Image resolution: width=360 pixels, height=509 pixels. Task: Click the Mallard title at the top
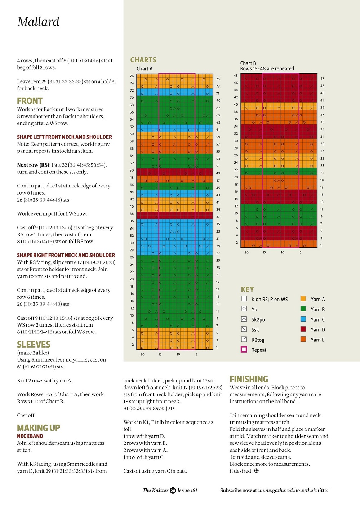click(38, 22)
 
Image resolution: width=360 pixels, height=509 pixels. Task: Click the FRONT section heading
click(30, 101)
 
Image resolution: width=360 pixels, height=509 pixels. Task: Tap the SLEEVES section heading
click(34, 345)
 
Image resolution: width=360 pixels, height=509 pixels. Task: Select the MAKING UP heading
click(39, 428)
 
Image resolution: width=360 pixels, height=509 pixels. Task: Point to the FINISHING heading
click(249, 379)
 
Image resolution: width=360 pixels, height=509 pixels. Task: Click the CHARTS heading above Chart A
click(143, 60)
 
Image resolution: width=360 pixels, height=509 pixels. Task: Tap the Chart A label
click(145, 68)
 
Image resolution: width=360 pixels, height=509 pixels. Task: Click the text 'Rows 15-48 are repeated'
click(267, 68)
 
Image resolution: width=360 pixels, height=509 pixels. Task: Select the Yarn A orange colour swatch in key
click(303, 298)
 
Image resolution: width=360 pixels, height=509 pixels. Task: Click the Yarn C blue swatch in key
click(303, 319)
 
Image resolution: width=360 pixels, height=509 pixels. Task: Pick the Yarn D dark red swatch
click(303, 329)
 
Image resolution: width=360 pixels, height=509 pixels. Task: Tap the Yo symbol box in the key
click(244, 309)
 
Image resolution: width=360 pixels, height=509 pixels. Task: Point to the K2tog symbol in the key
click(244, 339)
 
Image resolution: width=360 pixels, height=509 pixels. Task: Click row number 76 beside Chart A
click(132, 76)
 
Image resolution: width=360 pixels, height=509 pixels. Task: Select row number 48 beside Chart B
click(236, 75)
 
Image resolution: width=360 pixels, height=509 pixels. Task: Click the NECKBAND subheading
click(30, 436)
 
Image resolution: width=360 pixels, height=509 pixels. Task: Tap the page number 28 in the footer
click(173, 491)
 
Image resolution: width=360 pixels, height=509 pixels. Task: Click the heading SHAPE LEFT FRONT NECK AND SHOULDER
click(65, 137)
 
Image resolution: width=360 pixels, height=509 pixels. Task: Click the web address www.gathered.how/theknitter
click(293, 490)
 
